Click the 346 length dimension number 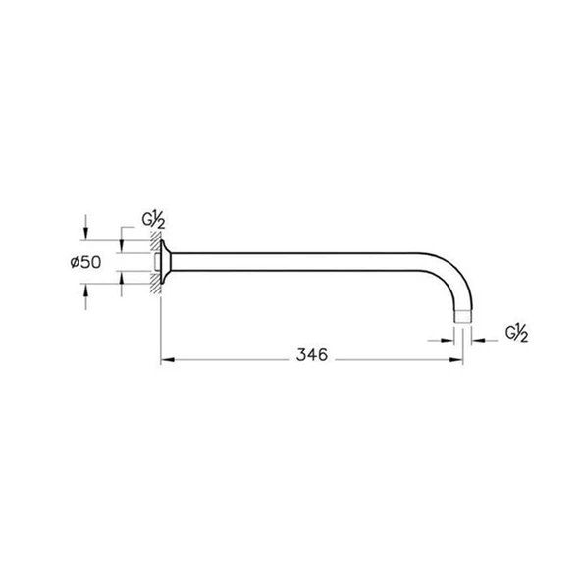pos(312,355)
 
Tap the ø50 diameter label pos(85,262)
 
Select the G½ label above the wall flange pos(153,220)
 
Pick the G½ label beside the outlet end pos(516,333)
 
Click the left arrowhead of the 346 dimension pos(168,359)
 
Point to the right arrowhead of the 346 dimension pos(456,359)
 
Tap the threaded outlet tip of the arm pos(463,316)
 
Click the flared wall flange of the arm pos(166,262)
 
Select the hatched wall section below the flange pos(156,283)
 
